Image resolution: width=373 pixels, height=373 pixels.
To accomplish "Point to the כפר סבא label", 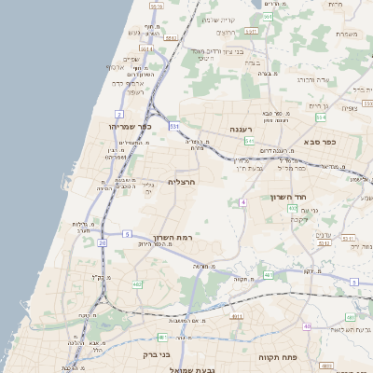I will pos(319,142).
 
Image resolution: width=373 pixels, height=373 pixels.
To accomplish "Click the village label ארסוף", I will pos(115,67).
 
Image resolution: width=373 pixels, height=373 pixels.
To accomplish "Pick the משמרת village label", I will pos(346,35).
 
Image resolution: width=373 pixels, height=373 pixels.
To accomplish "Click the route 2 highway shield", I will pos(119,114).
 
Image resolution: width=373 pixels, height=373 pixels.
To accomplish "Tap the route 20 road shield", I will pos(101,242).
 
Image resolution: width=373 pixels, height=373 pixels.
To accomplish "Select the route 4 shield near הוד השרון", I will pos(242,201).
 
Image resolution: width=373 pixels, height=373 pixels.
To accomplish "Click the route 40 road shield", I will pos(307,325).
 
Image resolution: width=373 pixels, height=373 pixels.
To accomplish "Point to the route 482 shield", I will pos(137,284).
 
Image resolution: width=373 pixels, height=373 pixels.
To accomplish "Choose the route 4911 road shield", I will pos(236,316).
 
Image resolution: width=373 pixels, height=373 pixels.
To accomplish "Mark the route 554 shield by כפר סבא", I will pos(322,117).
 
